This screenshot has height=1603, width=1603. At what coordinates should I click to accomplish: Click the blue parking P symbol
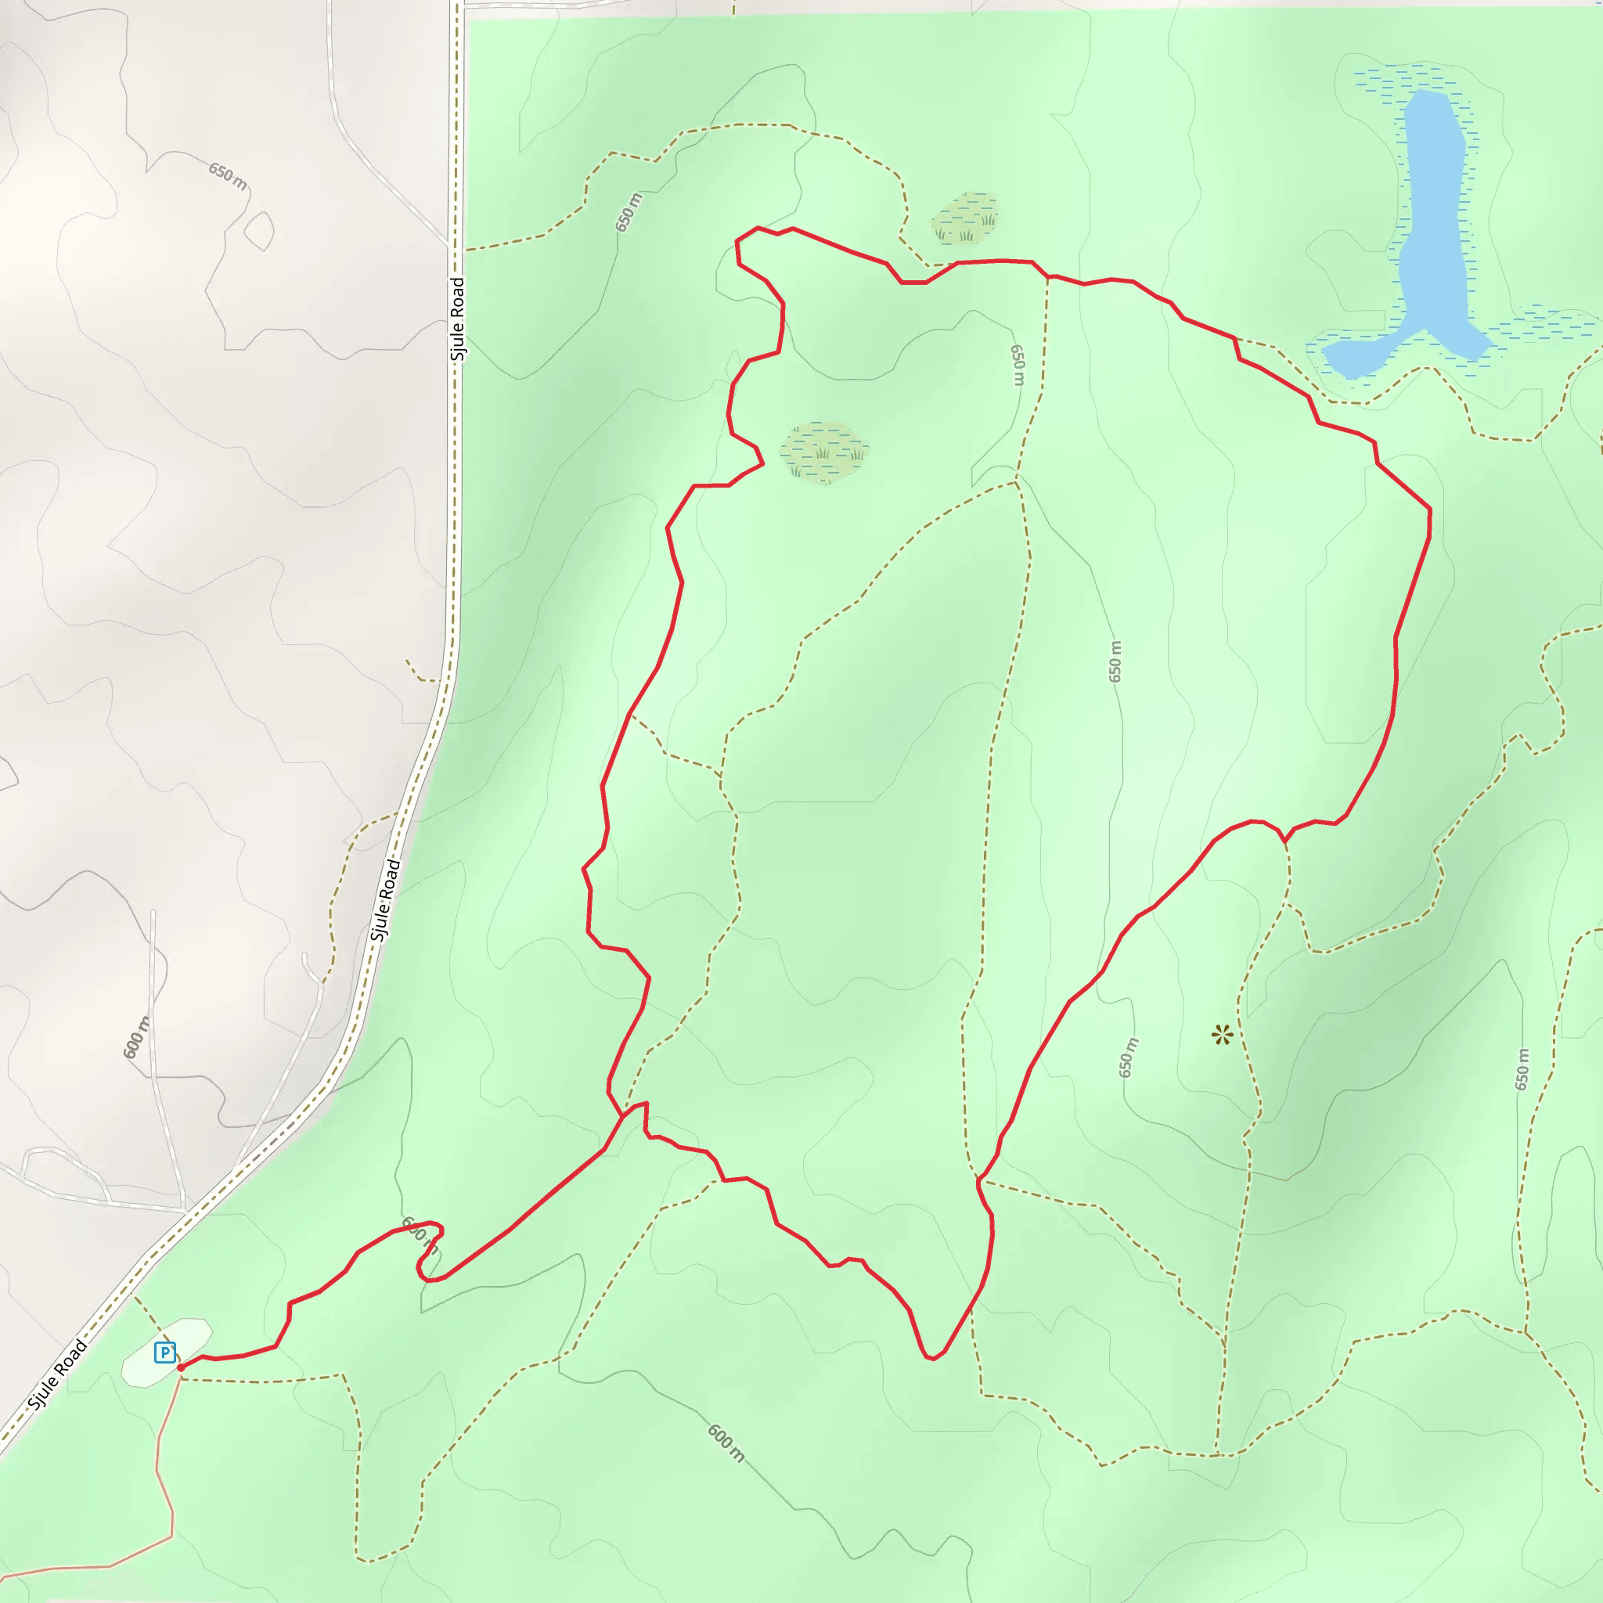(165, 1353)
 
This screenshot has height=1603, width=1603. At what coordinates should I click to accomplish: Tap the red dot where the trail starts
(181, 1367)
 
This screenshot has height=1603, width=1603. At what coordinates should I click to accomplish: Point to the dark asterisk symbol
(1221, 1035)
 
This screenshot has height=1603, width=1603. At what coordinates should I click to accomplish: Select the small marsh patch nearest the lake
(965, 218)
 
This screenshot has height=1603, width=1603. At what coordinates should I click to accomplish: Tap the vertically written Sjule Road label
(457, 319)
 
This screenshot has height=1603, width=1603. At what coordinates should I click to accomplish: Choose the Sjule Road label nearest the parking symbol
(57, 1374)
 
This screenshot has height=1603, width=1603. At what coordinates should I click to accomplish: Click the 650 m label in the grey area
(227, 176)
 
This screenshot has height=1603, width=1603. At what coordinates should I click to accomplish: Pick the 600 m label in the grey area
(138, 1037)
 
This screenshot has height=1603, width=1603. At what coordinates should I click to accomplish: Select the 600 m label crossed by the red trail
(420, 1234)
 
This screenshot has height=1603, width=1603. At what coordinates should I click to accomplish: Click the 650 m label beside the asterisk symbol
(1129, 1058)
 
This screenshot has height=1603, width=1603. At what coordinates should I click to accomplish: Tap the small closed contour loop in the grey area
(260, 230)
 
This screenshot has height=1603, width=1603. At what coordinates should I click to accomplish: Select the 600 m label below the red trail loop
(726, 1443)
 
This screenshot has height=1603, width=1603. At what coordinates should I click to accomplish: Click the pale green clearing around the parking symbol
(188, 1336)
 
